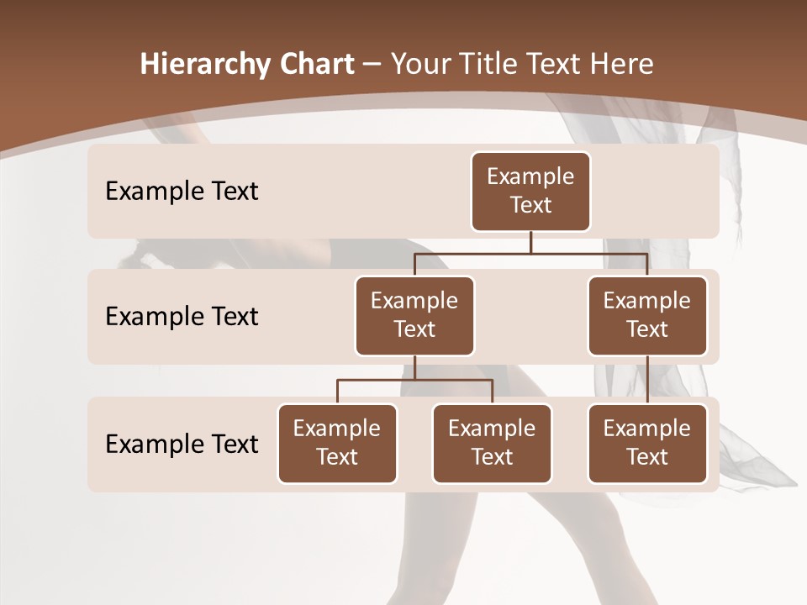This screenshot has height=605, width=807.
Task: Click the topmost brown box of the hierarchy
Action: (x=530, y=192)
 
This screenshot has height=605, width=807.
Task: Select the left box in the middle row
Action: (x=414, y=316)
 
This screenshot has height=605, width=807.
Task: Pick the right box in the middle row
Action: (x=647, y=316)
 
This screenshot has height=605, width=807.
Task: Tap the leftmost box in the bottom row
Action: (x=337, y=444)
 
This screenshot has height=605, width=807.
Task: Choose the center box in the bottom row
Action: (x=492, y=444)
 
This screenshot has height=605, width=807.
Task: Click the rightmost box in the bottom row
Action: (x=647, y=444)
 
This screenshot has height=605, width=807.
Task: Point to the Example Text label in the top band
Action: (x=182, y=192)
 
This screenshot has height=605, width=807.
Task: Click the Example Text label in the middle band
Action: (x=182, y=317)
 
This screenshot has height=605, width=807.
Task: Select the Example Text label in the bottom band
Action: (x=182, y=444)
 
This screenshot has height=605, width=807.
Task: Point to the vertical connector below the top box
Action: (x=530, y=242)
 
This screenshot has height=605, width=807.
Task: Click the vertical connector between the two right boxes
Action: (x=647, y=380)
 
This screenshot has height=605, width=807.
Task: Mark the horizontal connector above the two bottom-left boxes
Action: (x=414, y=380)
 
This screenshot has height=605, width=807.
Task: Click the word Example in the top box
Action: (x=530, y=176)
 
